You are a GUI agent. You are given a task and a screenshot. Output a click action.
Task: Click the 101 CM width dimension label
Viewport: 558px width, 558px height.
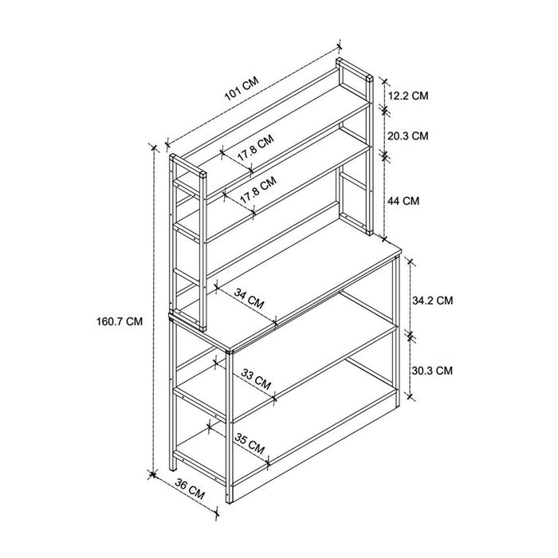(242, 88)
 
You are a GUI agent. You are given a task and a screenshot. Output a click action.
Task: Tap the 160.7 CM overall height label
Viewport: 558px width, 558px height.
(120, 322)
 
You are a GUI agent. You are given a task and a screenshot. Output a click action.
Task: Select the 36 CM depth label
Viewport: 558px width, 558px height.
(190, 489)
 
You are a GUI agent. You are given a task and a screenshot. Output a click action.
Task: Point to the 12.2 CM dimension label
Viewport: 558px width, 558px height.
(408, 96)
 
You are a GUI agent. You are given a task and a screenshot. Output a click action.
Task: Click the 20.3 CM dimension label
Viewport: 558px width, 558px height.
(408, 136)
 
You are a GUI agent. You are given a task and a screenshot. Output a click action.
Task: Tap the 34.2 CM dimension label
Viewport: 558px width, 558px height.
(433, 301)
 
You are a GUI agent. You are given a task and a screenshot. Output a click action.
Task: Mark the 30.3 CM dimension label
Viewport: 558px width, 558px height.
(432, 371)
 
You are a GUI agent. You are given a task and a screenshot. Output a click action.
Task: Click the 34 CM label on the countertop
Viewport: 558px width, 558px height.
(249, 298)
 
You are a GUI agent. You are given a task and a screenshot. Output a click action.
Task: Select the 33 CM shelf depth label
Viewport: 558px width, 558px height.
(256, 379)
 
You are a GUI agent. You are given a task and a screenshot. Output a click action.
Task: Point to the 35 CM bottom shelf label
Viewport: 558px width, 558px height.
(250, 443)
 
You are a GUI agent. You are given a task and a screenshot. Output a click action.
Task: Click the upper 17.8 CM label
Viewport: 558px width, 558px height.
(256, 147)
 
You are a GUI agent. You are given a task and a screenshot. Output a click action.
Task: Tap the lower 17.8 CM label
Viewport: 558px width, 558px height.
(258, 190)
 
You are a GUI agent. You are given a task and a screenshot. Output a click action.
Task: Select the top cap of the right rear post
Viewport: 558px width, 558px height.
(369, 77)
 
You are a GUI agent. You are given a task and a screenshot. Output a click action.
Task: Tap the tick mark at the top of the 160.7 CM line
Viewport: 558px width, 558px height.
(154, 147)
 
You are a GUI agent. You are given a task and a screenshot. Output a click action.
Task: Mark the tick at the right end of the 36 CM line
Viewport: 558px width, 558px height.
(217, 513)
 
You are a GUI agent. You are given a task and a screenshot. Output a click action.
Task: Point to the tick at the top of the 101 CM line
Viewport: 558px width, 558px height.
(339, 46)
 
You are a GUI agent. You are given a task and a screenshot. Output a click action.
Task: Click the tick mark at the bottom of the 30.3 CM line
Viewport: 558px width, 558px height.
(410, 395)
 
